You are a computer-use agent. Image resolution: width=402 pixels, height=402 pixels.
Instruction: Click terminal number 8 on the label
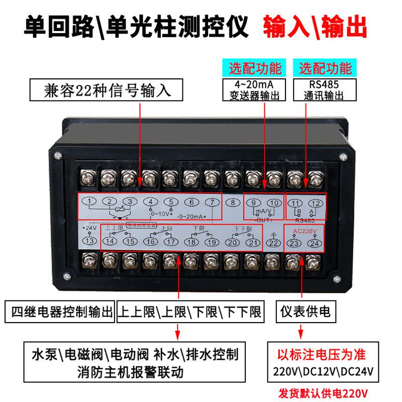233,203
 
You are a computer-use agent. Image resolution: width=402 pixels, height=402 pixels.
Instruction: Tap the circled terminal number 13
89,241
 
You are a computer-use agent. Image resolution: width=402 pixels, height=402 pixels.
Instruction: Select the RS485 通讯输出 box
325,88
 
